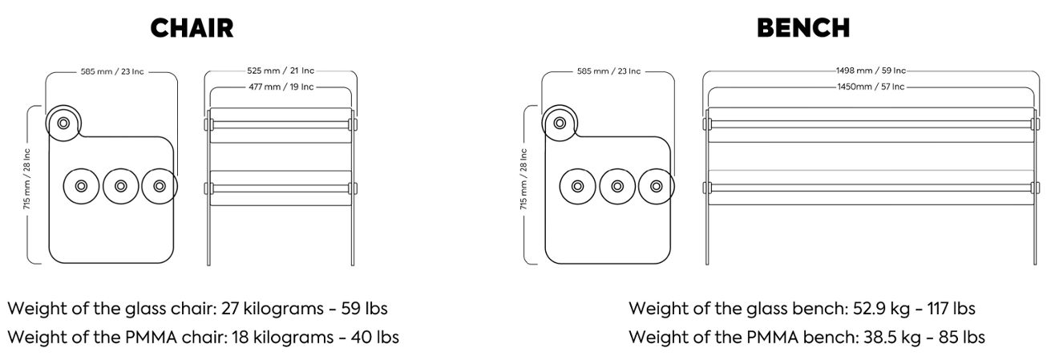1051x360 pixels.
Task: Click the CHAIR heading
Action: click(x=192, y=28)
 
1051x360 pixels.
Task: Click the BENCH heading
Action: click(x=803, y=28)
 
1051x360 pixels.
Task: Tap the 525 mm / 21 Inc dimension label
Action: click(x=281, y=71)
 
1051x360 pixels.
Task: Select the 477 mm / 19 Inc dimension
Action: click(x=281, y=87)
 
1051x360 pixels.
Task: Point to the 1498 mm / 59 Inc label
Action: click(x=871, y=71)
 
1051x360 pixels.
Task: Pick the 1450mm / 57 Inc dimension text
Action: click(x=871, y=87)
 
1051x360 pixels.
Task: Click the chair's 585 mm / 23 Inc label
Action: click(x=112, y=72)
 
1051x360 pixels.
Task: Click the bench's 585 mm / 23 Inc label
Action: click(x=608, y=71)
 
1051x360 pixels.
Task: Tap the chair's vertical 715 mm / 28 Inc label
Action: click(x=26, y=179)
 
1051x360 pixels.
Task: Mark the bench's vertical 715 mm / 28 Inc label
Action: click(x=523, y=179)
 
